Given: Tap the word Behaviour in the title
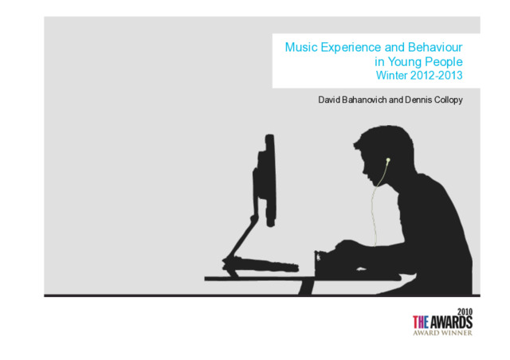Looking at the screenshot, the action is coord(435,47).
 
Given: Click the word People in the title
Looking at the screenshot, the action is coord(444,62).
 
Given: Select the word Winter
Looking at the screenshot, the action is coord(391,76).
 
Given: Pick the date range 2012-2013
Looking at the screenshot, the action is coord(437,76).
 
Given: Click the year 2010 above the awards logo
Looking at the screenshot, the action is coord(465,312).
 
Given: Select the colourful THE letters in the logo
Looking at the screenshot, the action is coord(421,323).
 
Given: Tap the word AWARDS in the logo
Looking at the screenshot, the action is coord(451,323).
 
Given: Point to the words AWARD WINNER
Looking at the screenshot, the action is coord(443,333).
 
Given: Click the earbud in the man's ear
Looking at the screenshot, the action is coord(388,160).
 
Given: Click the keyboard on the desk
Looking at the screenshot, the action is coord(261,264).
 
